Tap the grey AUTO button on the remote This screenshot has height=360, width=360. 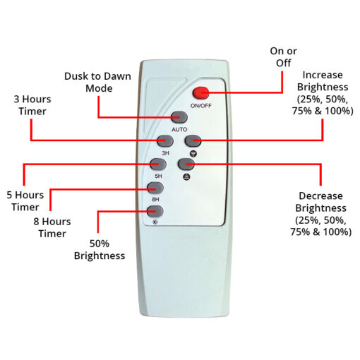pyautogui.click(x=179, y=117)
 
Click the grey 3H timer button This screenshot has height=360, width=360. pyautogui.click(x=165, y=140)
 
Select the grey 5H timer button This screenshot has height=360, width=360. pyautogui.click(x=158, y=164)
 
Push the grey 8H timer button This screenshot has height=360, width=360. pyautogui.click(x=155, y=188)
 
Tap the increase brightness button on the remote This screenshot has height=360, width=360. pyautogui.click(x=193, y=140)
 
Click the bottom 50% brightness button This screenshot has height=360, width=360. pyautogui.click(x=155, y=211)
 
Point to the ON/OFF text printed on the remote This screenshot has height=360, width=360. pyautogui.click(x=201, y=106)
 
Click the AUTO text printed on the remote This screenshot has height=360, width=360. pyautogui.click(x=179, y=129)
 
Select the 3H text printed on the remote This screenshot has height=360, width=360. pyautogui.click(x=165, y=153)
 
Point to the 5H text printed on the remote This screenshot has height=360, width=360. pyautogui.click(x=158, y=176)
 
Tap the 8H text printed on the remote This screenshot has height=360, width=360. pyautogui.click(x=155, y=199)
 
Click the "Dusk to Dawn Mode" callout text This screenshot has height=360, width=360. pyautogui.click(x=97, y=82)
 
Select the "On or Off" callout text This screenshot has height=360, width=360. pyautogui.click(x=283, y=57)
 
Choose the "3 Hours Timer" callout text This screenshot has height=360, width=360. pyautogui.click(x=32, y=105)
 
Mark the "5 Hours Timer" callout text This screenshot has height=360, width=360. pyautogui.click(x=25, y=201)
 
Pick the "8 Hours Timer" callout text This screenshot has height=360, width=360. pyautogui.click(x=52, y=227)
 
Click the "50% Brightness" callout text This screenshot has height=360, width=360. pyautogui.click(x=100, y=250)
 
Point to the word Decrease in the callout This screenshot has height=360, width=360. pyautogui.click(x=320, y=196)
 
